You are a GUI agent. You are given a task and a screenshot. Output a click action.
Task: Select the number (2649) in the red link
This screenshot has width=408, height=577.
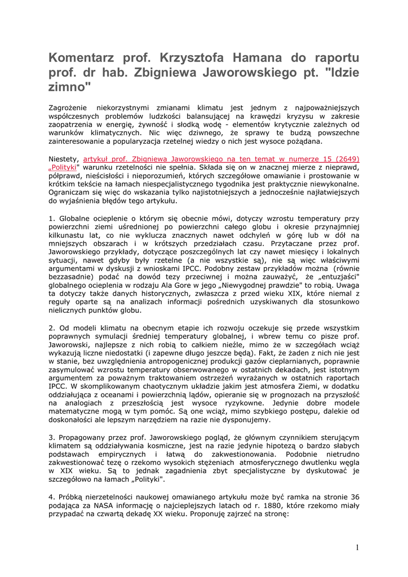pos(346,159)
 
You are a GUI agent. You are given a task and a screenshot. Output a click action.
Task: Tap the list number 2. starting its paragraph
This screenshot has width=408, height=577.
pos(52,327)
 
